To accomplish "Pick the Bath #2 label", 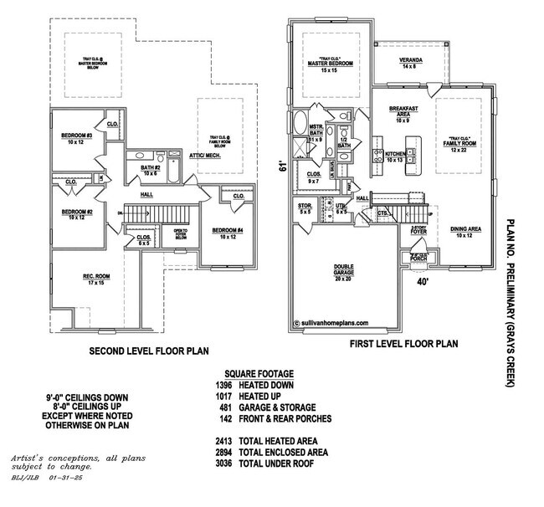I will (x=151, y=170).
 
